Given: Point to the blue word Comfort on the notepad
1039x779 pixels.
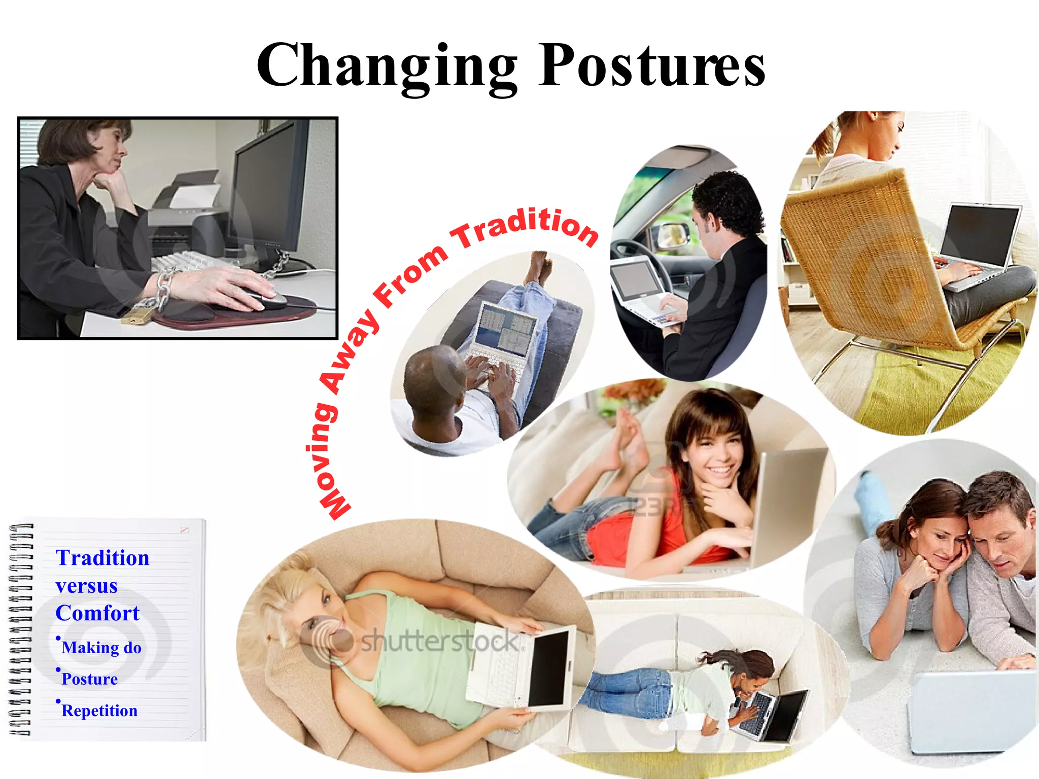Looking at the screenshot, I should pyautogui.click(x=97, y=613).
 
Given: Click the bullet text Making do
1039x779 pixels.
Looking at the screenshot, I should pyautogui.click(x=101, y=648).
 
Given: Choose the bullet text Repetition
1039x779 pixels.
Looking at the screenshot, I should pyautogui.click(x=99, y=711).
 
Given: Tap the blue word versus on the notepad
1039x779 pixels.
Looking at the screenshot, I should pyautogui.click(x=87, y=586).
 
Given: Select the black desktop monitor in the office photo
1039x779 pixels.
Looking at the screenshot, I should pyautogui.click(x=269, y=188).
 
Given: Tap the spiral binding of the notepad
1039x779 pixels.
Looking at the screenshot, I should pyautogui.click(x=20, y=629).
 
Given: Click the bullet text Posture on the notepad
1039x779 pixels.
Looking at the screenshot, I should pyautogui.click(x=89, y=679).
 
